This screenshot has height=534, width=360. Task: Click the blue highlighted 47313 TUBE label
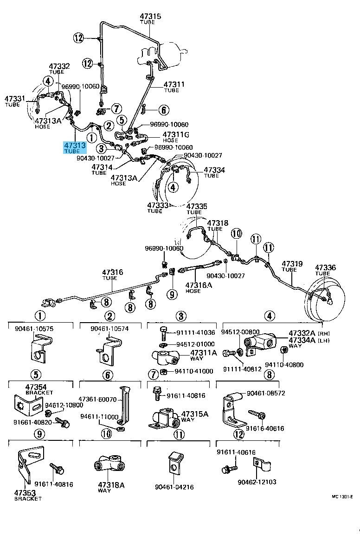tap(75, 148)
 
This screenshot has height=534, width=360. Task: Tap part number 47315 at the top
tap(150, 16)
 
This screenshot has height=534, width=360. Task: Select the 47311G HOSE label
tap(175, 137)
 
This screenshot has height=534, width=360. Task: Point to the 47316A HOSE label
tap(199, 287)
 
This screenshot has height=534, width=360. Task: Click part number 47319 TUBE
tap(292, 266)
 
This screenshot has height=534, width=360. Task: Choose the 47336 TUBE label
tap(325, 270)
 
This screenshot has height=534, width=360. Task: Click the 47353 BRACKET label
tap(28, 496)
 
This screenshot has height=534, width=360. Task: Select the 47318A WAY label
tap(111, 487)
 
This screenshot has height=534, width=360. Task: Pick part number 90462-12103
tap(257, 482)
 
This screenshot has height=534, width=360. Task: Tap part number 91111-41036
tap(196, 333)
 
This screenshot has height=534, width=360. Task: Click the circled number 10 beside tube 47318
tap(236, 234)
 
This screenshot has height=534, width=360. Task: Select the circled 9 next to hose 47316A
tap(172, 293)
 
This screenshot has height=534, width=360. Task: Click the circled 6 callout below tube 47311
tap(164, 110)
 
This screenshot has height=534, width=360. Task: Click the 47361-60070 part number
tap(97, 399)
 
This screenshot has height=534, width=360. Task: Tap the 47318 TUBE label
tap(218, 225)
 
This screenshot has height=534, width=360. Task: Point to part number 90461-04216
tap(174, 487)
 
